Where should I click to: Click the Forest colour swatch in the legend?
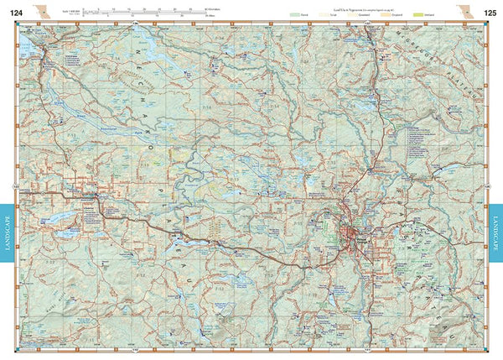tap(293, 15)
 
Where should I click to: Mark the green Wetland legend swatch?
tap(405, 15)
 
